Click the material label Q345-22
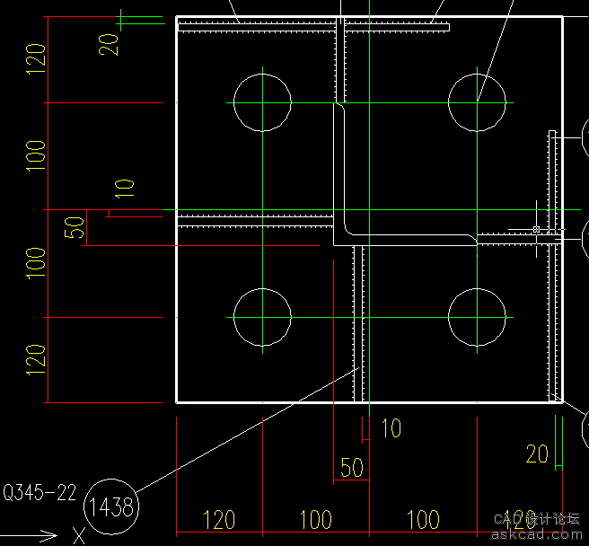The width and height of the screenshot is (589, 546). pyautogui.click(x=39, y=492)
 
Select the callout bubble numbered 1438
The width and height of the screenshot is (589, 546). pyautogui.click(x=110, y=507)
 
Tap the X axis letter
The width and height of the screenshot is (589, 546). pyautogui.click(x=79, y=536)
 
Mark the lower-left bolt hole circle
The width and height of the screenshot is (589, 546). pyautogui.click(x=262, y=318)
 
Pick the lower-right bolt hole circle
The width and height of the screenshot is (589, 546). pyautogui.click(x=478, y=318)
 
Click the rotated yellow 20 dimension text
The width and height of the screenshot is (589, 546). pyautogui.click(x=109, y=44)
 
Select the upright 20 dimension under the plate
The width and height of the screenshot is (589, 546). pyautogui.click(x=537, y=454)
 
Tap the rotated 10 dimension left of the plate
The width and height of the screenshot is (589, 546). pyautogui.click(x=125, y=188)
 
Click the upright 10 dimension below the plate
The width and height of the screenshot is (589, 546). pyautogui.click(x=391, y=428)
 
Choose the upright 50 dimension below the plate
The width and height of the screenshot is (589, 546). pyautogui.click(x=351, y=468)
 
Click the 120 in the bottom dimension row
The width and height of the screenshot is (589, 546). pyautogui.click(x=219, y=519)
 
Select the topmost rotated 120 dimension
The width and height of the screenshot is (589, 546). pyautogui.click(x=35, y=59)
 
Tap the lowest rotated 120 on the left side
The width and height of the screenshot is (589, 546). pyautogui.click(x=35, y=359)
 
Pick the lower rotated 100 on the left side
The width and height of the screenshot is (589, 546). pyautogui.click(x=35, y=263)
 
